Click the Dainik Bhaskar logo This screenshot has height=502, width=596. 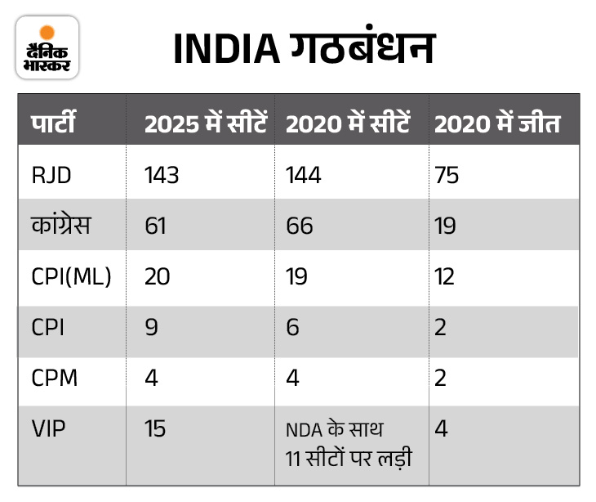(47, 47)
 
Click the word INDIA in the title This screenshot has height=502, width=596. (226, 50)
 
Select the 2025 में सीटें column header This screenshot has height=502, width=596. (206, 123)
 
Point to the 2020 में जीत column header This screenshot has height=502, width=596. (496, 123)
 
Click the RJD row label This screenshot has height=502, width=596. (49, 175)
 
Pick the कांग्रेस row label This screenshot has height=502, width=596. (61, 225)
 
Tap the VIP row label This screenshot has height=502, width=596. (47, 428)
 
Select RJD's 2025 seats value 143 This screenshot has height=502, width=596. (162, 175)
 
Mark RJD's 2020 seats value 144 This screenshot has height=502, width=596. (305, 175)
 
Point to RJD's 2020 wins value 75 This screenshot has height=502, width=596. (447, 175)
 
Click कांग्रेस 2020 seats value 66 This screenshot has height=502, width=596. (300, 226)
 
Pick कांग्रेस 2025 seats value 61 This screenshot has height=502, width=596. (155, 226)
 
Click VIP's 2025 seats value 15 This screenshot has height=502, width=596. (154, 428)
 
